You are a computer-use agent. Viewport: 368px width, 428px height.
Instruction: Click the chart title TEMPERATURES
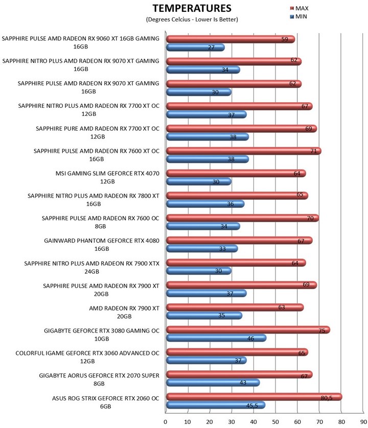click(x=192, y=8)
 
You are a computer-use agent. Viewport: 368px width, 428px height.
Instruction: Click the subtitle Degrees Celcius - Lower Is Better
click(x=192, y=19)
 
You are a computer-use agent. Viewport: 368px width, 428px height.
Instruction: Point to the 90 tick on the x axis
click(x=363, y=421)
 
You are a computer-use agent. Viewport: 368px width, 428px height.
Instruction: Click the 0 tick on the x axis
click(x=166, y=421)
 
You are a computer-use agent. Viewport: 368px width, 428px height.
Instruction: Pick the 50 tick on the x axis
click(x=275, y=421)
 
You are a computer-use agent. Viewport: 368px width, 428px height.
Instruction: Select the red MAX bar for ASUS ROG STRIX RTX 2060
click(x=254, y=397)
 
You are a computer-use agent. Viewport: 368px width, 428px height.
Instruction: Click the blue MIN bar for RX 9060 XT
click(x=195, y=47)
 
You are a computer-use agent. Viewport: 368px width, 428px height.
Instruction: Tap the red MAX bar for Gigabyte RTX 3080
click(x=248, y=330)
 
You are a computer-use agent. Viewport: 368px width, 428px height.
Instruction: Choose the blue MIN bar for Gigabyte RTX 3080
click(x=216, y=338)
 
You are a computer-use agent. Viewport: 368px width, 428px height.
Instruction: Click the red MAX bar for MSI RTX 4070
click(x=236, y=174)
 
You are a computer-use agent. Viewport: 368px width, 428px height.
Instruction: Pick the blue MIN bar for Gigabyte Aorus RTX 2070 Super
click(x=213, y=383)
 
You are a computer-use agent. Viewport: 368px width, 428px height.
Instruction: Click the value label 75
click(x=322, y=330)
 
